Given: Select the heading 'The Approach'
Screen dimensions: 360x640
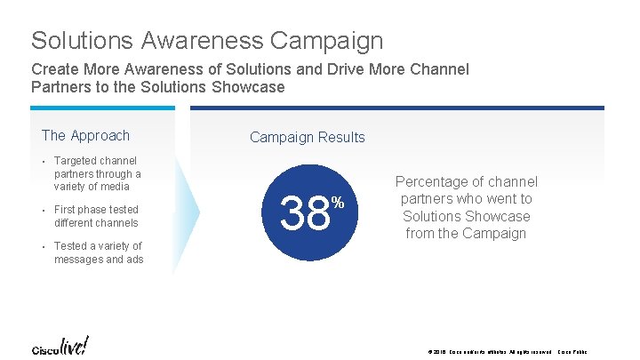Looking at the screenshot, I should click(x=85, y=135).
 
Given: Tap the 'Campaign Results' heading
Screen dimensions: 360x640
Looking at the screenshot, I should click(x=307, y=137).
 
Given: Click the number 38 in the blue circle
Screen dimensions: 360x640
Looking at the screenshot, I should click(x=305, y=214).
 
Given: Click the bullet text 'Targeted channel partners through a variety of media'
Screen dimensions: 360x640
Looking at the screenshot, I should click(x=97, y=173).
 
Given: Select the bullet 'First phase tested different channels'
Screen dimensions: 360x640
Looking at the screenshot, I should click(x=96, y=216).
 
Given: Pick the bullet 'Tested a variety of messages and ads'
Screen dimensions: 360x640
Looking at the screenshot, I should click(x=98, y=252).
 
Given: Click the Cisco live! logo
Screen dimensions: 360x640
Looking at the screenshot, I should click(x=60, y=345).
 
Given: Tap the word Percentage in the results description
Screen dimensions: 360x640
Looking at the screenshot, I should click(x=433, y=181).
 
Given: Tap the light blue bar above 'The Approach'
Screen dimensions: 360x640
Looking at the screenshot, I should click(x=102, y=108).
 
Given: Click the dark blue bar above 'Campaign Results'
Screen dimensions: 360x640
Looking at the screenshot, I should click(x=396, y=108).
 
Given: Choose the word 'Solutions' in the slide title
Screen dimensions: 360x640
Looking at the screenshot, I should click(x=81, y=41).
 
